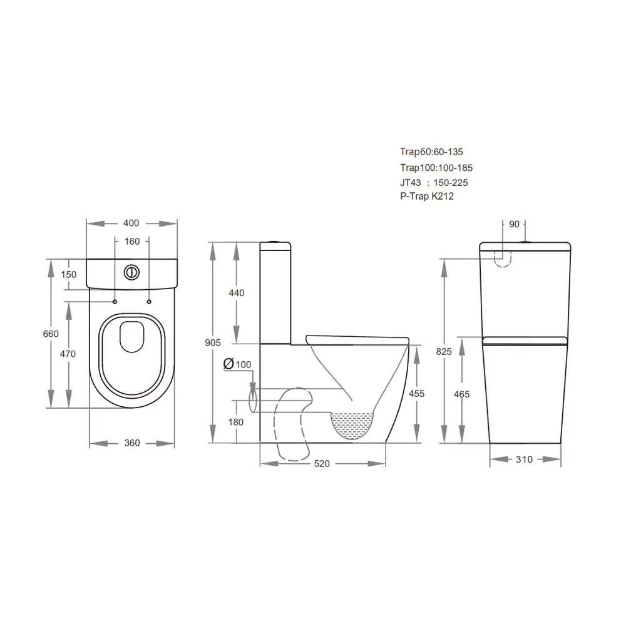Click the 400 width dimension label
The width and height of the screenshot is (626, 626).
click(x=131, y=223)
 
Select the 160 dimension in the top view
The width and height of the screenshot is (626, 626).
click(x=132, y=242)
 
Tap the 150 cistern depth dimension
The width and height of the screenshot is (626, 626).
click(x=69, y=274)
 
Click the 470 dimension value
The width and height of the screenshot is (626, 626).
click(x=68, y=354)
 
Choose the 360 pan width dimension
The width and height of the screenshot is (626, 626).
click(x=132, y=443)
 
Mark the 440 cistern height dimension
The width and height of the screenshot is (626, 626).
click(x=236, y=293)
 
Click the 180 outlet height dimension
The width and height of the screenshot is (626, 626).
click(x=235, y=422)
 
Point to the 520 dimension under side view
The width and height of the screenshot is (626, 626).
click(x=322, y=464)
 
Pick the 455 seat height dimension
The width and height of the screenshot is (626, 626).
click(x=416, y=394)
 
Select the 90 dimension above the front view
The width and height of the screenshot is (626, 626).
click(x=515, y=223)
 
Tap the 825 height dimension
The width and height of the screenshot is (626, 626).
click(x=444, y=351)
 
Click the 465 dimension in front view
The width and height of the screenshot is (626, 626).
click(x=461, y=394)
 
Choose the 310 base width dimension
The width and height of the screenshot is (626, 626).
click(x=524, y=459)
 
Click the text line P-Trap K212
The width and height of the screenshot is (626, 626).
click(x=427, y=197)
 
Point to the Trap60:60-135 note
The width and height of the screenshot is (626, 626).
click(x=431, y=151)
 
